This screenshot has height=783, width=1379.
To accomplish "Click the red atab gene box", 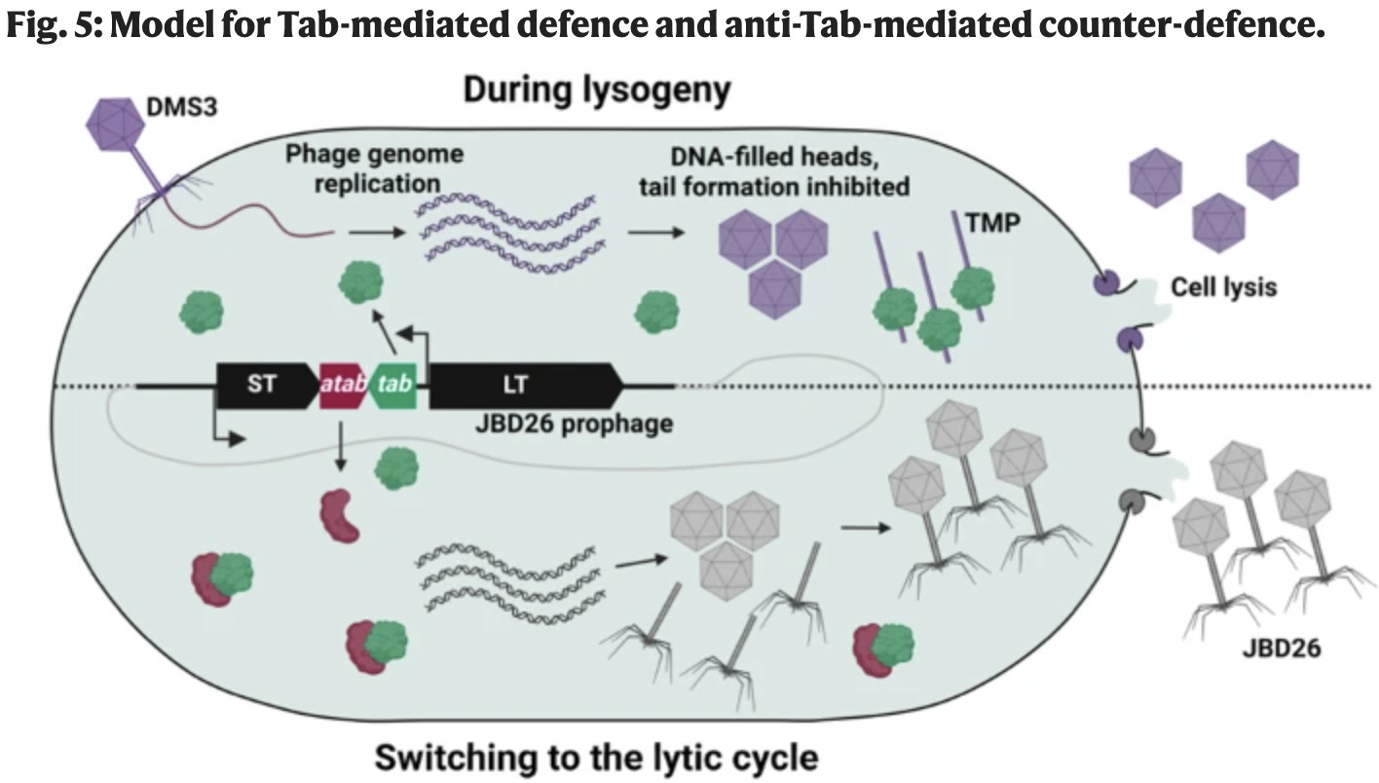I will pos(343,386).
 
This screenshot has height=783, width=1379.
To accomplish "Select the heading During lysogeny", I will pos(595,90).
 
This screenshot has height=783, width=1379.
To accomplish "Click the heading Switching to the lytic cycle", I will pos(596,757).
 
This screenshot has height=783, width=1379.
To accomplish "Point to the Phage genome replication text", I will pos(374,168).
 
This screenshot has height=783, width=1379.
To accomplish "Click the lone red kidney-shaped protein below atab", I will pos(339,515).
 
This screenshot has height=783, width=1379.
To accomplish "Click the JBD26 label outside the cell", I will pos(1281,647).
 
